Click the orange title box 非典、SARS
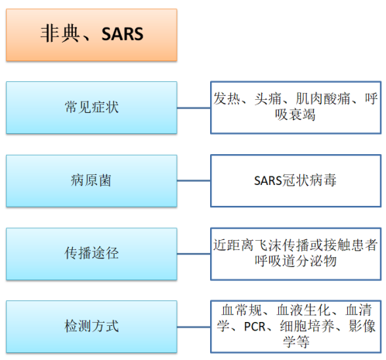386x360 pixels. [x=91, y=35]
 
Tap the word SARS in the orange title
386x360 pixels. [x=122, y=34]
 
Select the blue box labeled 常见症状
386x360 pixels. [x=91, y=108]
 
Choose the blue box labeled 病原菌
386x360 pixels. [x=91, y=180]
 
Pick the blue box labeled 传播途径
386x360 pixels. [x=91, y=254]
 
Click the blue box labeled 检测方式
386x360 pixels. [x=91, y=327]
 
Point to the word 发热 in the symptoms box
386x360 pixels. [x=226, y=99]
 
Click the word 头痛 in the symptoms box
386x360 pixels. [x=268, y=99]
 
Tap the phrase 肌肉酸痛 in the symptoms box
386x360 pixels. [x=323, y=99]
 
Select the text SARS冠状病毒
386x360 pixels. [x=295, y=180]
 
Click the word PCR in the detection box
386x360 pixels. [x=254, y=327]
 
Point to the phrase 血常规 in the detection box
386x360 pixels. [x=242, y=310]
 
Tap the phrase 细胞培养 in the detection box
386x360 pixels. [x=307, y=327]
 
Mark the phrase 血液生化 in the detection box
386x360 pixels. [x=303, y=310]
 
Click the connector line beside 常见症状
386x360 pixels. [x=194, y=108]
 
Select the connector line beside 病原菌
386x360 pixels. [x=194, y=180]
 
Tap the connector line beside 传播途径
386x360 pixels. [x=194, y=254]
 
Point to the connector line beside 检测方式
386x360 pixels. [x=194, y=327]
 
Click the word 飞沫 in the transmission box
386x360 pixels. [x=268, y=245]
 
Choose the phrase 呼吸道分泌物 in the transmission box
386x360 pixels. [x=295, y=261]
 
